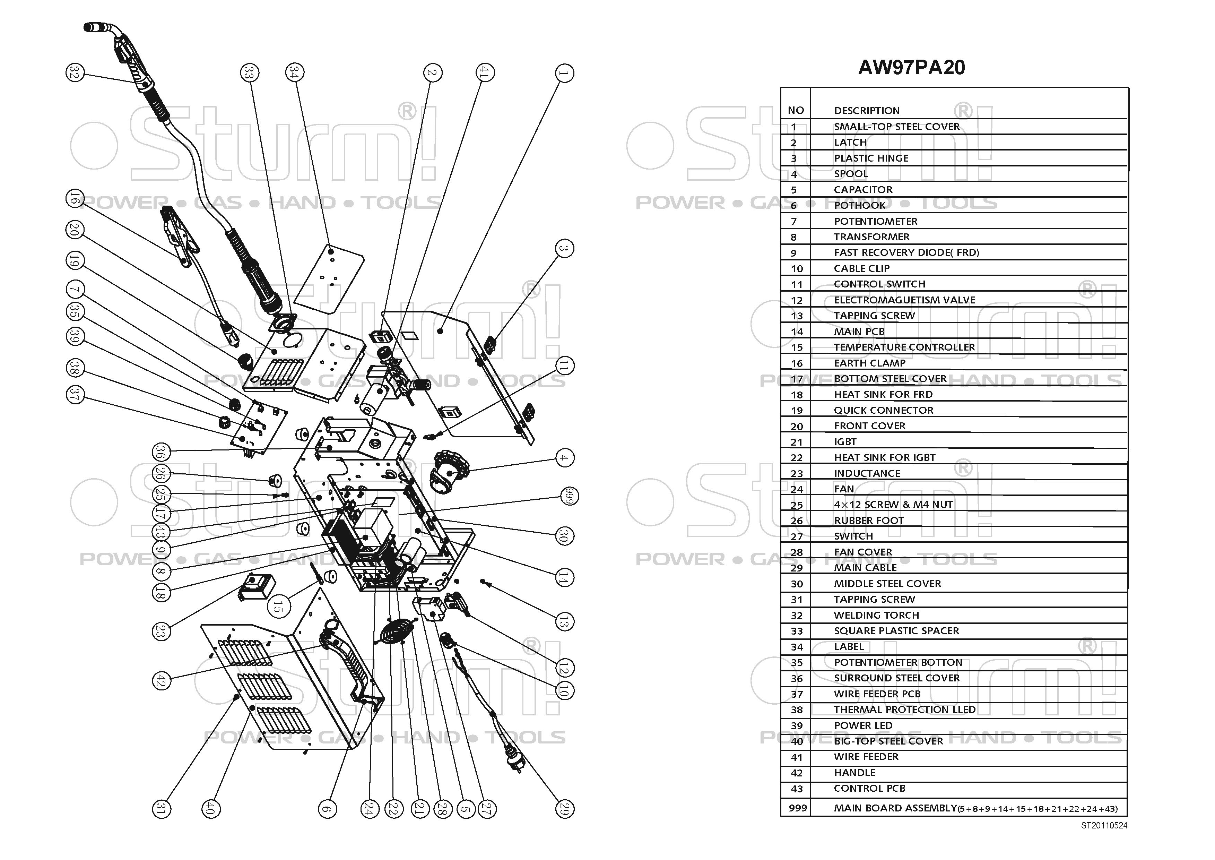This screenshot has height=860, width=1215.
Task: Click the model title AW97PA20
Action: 911,67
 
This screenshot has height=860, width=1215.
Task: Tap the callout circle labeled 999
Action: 569,496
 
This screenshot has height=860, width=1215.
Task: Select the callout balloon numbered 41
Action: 484,72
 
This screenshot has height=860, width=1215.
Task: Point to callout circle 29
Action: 564,809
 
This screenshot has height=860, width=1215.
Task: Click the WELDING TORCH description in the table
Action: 876,615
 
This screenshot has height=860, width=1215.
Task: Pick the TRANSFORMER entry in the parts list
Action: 871,237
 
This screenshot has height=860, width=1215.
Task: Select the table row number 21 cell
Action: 796,442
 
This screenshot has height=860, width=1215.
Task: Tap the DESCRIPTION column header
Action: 867,111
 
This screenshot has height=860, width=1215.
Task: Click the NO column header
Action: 796,111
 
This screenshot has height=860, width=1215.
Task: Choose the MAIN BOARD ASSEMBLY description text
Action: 895,808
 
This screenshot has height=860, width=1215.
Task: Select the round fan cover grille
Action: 396,632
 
